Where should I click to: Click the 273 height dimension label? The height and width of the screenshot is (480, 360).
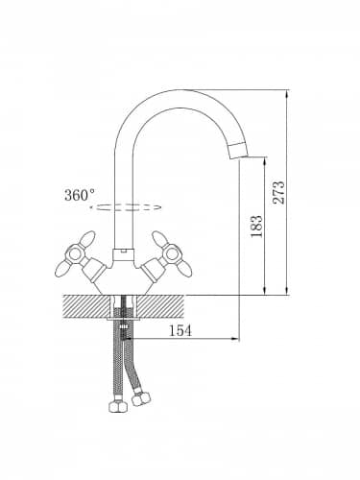(278, 192)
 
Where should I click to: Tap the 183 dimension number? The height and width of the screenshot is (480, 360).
(256, 227)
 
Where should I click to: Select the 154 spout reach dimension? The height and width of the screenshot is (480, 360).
(180, 330)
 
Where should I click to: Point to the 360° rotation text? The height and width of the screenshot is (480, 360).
(80, 195)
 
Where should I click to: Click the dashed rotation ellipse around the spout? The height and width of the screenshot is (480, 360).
(125, 207)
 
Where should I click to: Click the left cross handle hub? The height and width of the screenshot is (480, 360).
(76, 254)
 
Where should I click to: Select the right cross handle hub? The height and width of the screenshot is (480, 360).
(172, 254)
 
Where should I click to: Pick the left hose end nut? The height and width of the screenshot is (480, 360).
(118, 405)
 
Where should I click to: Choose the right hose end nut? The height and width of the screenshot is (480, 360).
(142, 398)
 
